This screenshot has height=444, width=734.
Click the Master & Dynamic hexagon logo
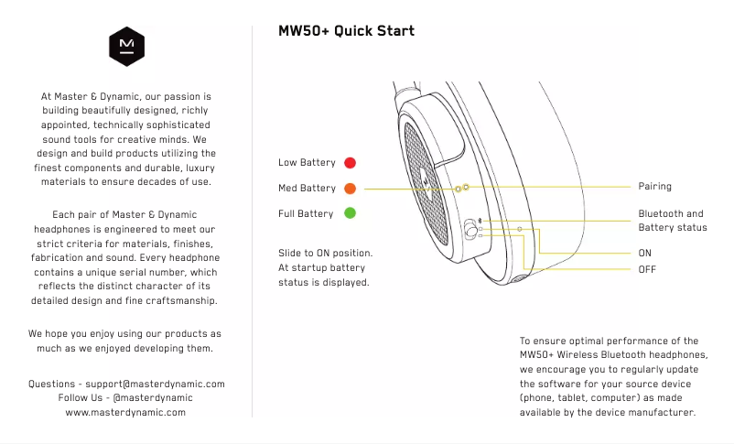pos(126,47)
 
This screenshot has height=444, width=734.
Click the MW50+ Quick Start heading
pos(346,31)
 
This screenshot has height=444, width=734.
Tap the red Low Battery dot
pos(351,163)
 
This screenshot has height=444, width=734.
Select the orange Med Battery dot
pos(351,189)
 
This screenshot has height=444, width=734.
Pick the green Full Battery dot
pos(351,213)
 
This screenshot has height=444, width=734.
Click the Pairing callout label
pos(655,187)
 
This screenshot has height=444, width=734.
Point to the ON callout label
pos(644,253)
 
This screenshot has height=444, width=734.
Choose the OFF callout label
pos(647,269)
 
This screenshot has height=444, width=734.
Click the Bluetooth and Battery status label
pos(673,221)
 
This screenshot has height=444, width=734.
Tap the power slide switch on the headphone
pos(470,229)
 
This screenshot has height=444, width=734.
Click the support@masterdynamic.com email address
pos(155,384)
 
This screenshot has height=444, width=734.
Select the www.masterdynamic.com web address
pos(125,413)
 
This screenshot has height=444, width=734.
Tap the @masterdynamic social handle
pos(153,398)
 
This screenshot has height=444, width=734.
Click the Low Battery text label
pos(308,163)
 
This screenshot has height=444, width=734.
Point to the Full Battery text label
pos(306,213)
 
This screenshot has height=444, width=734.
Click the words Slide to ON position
pos(325,253)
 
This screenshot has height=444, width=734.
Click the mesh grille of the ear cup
pos(426,184)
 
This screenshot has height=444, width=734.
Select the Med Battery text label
pos(308,189)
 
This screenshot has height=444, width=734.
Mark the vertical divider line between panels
pos(253,222)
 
